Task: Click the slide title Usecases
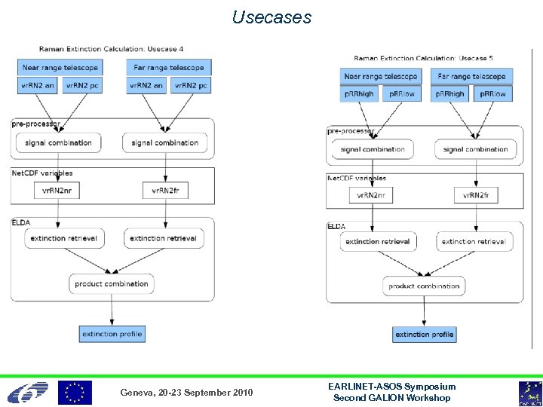[x=271, y=17]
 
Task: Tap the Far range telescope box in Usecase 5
[x=471, y=77]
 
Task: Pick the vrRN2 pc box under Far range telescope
[x=191, y=86]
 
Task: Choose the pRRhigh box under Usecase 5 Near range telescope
[x=359, y=94]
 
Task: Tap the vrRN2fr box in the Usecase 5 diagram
[x=476, y=195]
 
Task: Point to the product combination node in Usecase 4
[x=112, y=284]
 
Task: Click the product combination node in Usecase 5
[x=424, y=286]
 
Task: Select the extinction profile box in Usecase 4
[x=112, y=334]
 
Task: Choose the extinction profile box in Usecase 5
[x=424, y=335]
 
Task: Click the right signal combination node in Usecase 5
[x=475, y=149]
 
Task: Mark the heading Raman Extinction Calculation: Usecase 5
[x=423, y=58]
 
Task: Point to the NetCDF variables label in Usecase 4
[x=42, y=173]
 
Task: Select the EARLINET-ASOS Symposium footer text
[x=391, y=387]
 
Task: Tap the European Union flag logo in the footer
[x=75, y=393]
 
